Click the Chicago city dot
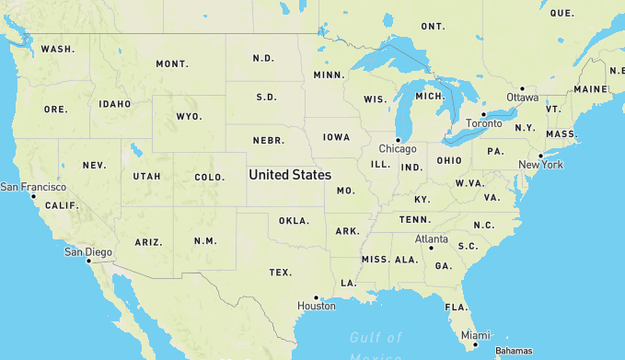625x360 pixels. tap(398, 140)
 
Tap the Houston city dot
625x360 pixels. tap(316, 297)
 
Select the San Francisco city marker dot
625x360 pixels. tap(33, 196)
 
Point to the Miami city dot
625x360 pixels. tap(476, 344)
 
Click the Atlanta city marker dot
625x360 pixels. tap(431, 248)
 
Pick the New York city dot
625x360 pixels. tap(540, 156)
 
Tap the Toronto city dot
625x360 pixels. tap(483, 114)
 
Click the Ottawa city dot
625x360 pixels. tap(522, 88)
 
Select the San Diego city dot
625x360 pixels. tap(88, 261)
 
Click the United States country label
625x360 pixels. tap(290, 174)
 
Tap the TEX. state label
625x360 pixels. tap(281, 273)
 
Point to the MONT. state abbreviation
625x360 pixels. tap(172, 64)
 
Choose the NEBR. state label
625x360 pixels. tap(268, 141)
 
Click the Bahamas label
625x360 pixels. tap(514, 351)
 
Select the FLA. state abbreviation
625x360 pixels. tap(457, 307)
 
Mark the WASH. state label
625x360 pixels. tap(57, 49)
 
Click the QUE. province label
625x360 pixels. tap(561, 13)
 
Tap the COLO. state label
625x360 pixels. tap(210, 177)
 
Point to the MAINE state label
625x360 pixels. tap(590, 89)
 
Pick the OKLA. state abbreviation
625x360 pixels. tap(295, 221)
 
